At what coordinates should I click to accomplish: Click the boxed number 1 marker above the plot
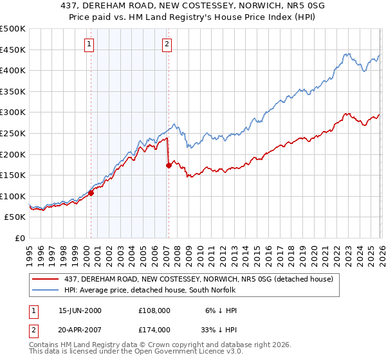pos(89,44)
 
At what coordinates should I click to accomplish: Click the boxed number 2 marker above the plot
pos(167,44)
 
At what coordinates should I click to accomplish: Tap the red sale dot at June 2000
pos(91,192)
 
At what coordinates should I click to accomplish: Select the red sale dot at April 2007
pos(169,165)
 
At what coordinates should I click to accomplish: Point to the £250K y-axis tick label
pos(13,133)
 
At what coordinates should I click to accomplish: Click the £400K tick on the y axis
pos(13,71)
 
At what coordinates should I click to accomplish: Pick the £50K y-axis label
pos(15,217)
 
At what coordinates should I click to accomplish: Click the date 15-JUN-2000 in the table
pos(80,310)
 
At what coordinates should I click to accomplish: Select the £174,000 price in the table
pos(154,330)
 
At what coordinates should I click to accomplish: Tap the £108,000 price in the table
pos(154,310)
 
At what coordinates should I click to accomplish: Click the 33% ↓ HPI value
pos(217,330)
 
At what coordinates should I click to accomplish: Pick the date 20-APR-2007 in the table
pos(80,330)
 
